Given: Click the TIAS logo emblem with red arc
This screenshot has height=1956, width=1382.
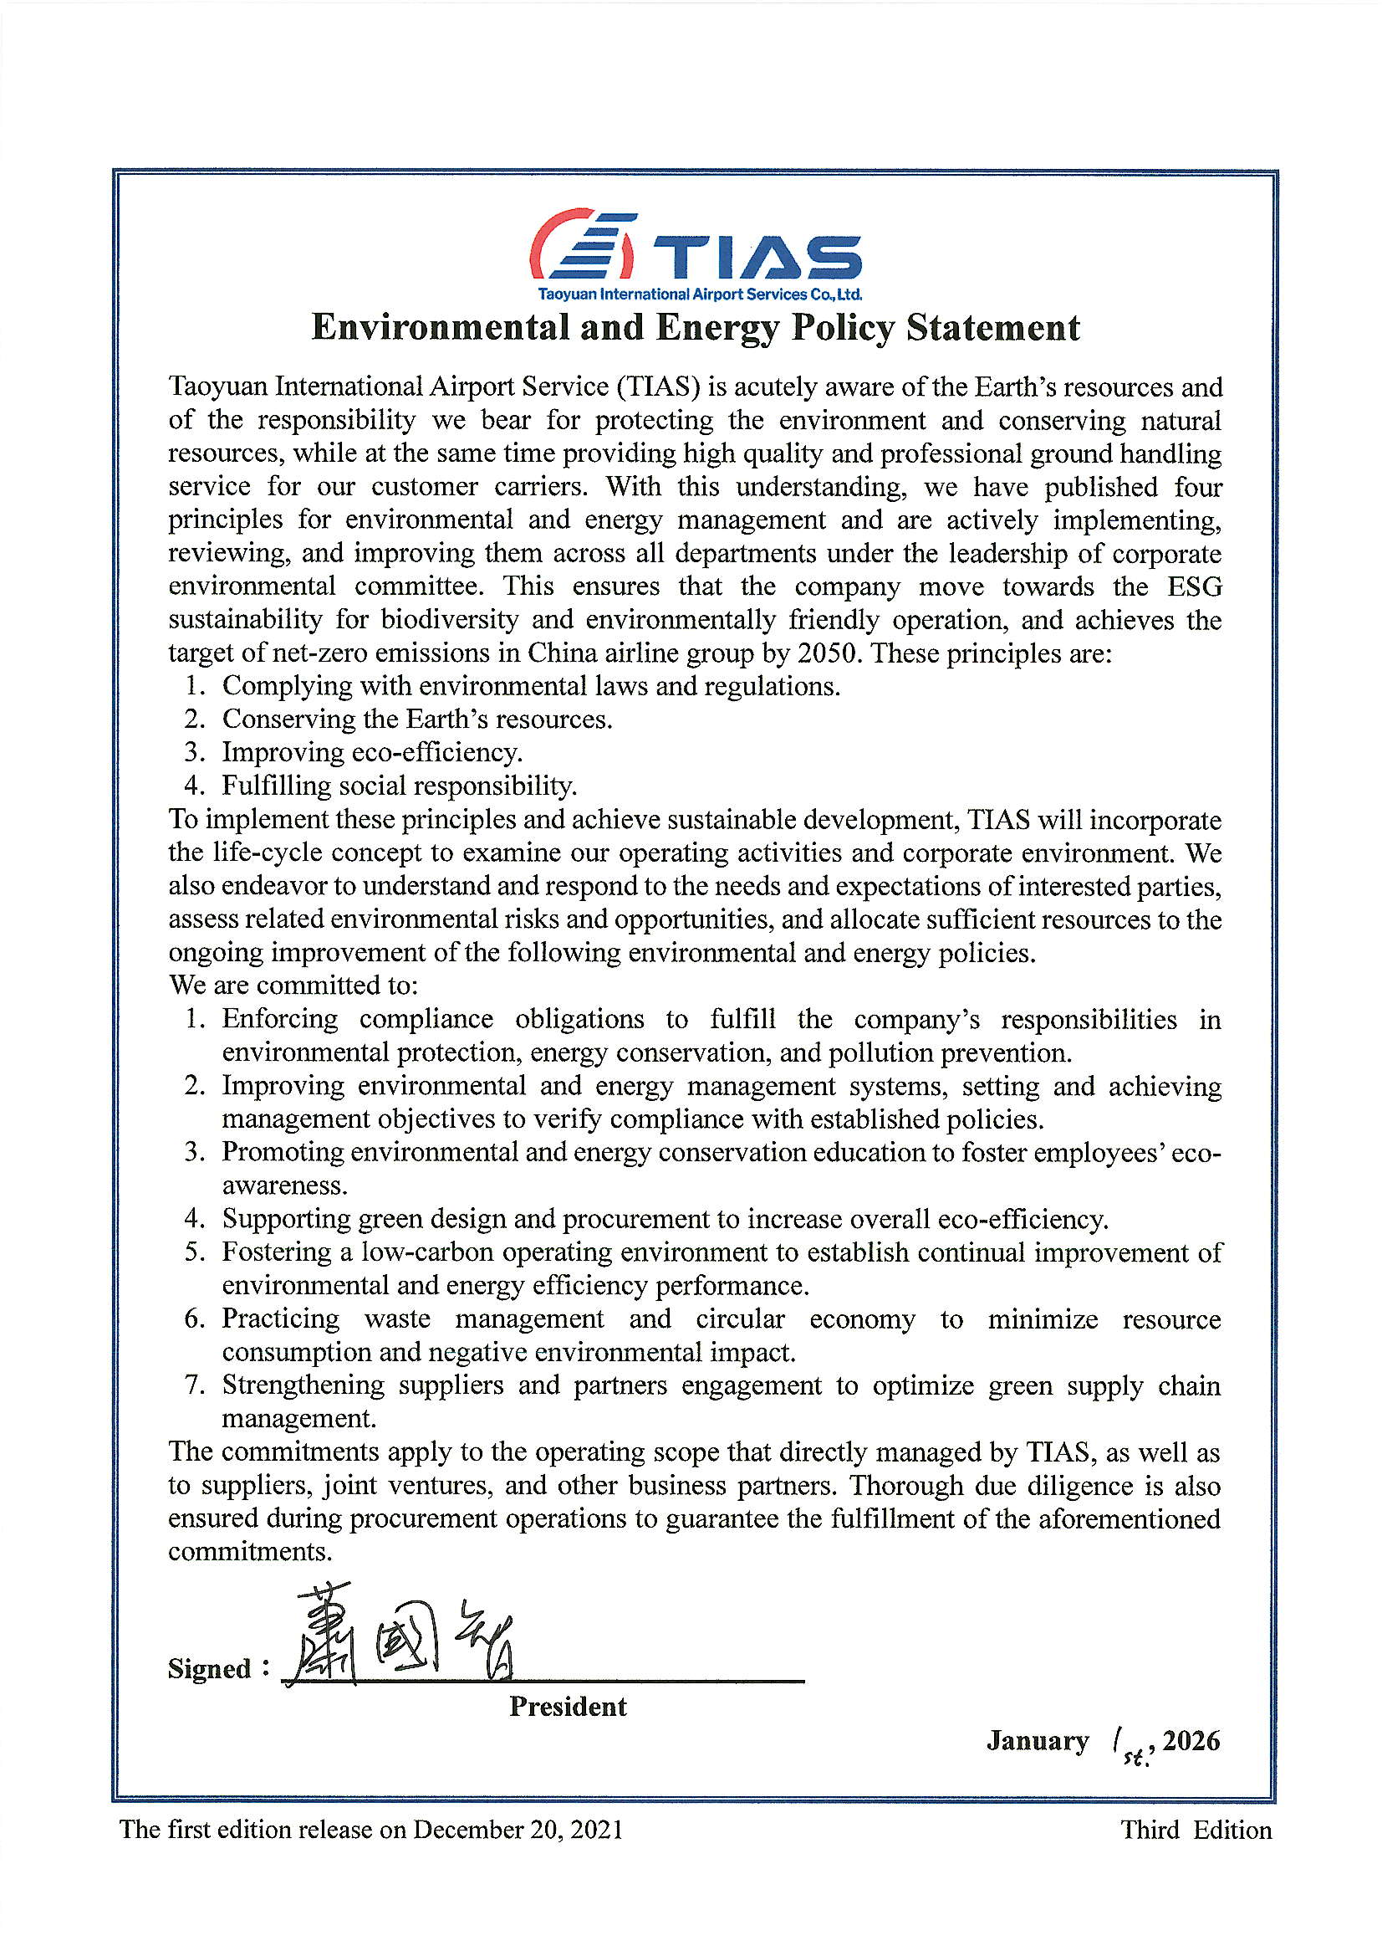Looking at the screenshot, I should click(583, 245).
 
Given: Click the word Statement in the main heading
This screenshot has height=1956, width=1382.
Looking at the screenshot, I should click(993, 328).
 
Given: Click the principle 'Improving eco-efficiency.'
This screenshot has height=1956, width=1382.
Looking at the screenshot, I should click(372, 752).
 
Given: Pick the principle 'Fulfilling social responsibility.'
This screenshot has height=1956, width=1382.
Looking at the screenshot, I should click(400, 786).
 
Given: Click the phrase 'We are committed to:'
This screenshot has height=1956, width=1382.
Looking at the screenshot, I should click(293, 986).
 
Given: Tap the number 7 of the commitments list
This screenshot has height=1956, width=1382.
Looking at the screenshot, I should click(194, 1385).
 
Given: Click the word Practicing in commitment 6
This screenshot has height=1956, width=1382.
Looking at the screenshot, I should click(281, 1319).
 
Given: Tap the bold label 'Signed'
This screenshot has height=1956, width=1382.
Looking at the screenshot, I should click(210, 1669).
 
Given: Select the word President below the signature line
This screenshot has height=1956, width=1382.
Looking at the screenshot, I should click(568, 1707).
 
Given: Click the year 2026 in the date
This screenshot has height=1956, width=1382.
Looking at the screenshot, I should click(1191, 1740).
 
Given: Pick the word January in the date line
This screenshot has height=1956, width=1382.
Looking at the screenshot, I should click(1038, 1740).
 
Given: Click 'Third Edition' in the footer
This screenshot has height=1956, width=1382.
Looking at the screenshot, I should click(1196, 1830).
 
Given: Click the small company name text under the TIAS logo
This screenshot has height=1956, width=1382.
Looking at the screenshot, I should click(699, 294).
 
